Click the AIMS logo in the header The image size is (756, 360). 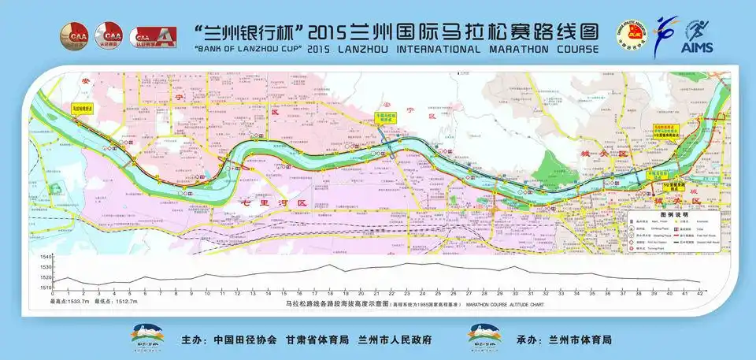pos(699,39)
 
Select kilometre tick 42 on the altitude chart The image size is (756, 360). pos(700,295)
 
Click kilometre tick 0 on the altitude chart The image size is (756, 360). pos(52,295)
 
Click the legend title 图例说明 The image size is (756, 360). pos(673,214)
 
